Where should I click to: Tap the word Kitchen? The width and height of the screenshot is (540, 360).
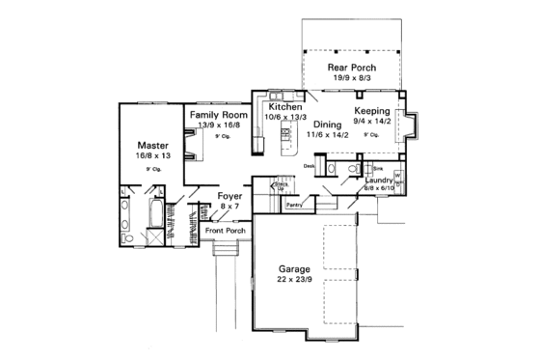[x=284, y=106]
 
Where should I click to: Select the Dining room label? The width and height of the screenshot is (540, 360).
[x=327, y=125]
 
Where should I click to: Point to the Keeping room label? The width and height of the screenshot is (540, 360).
[x=372, y=111]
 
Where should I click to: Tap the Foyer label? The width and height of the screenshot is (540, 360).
[x=229, y=196]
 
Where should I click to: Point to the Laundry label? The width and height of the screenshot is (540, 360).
[x=377, y=180]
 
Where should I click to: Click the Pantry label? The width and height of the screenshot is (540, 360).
[x=295, y=205]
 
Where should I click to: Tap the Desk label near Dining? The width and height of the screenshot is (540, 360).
[x=310, y=166]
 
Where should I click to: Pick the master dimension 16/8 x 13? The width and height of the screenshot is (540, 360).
[x=152, y=155]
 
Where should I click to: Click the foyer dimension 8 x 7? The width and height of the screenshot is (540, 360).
[x=229, y=206]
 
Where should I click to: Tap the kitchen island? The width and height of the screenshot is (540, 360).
[x=285, y=141]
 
